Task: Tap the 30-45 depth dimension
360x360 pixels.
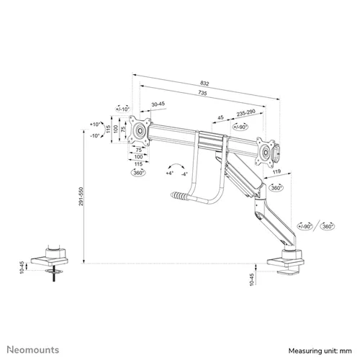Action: coord(158,104)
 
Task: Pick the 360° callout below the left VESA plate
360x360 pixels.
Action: coord(138,174)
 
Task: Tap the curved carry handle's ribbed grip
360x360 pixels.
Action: coord(179,195)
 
